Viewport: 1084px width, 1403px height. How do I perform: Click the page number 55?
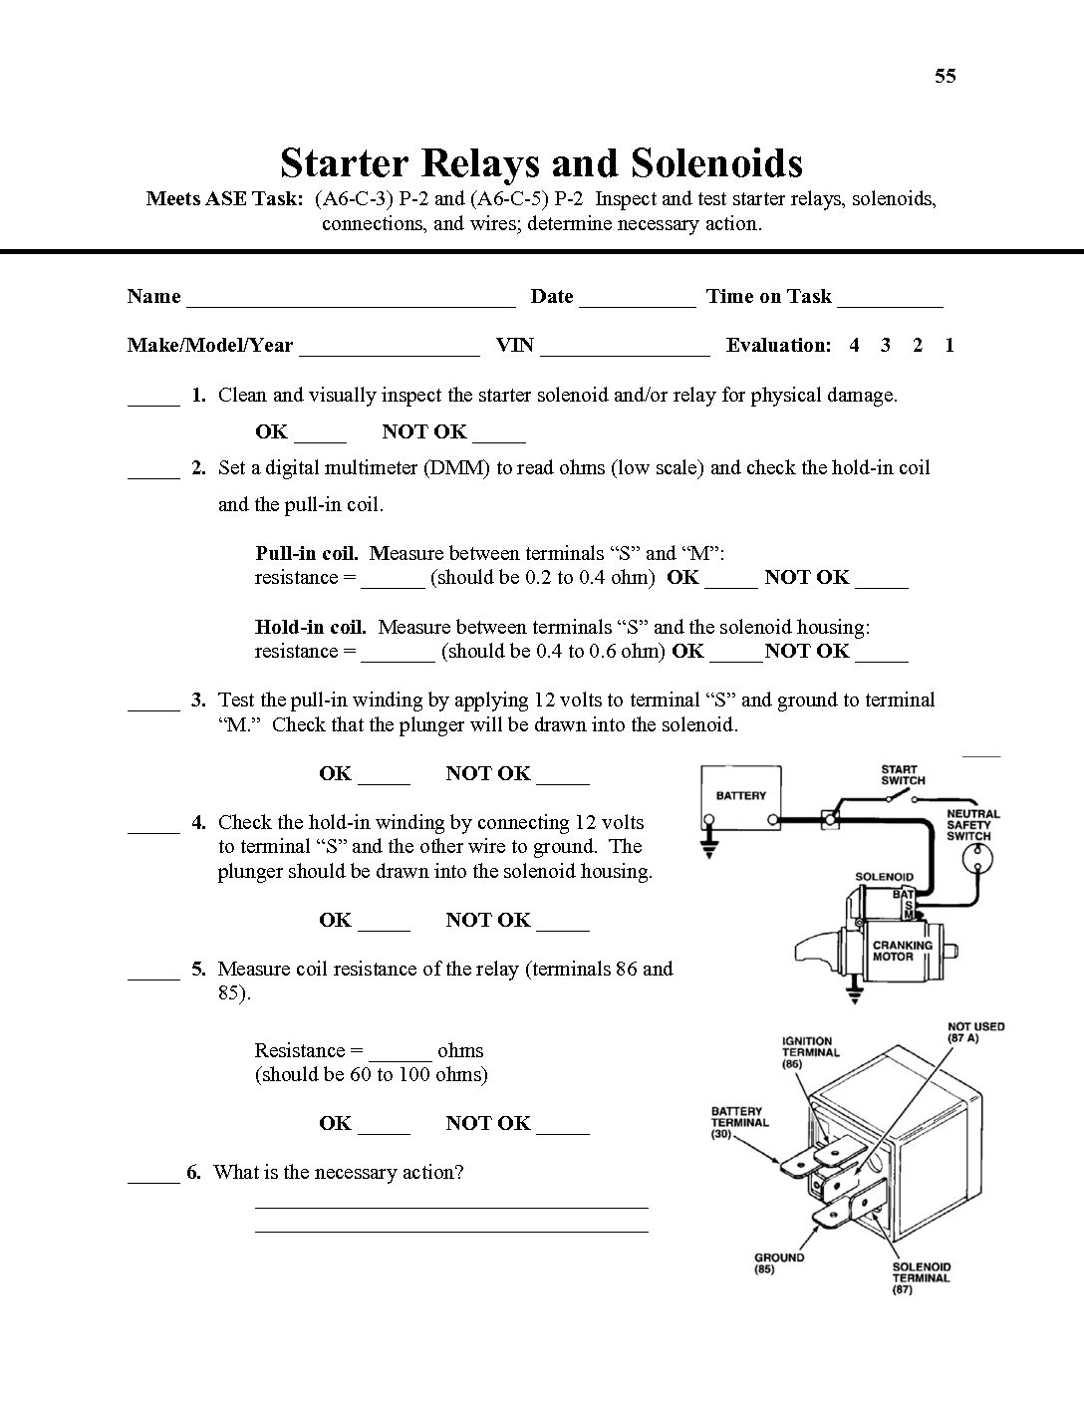pos(945,76)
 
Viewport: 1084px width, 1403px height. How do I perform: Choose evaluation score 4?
pos(854,346)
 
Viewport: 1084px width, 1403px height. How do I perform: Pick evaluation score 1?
pos(949,346)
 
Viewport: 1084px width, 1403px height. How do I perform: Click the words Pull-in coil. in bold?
pos(306,553)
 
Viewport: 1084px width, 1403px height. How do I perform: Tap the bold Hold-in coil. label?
pos(310,627)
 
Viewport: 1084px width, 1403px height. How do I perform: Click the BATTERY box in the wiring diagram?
pos(741,796)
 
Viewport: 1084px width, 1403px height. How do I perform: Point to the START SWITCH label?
pos(902,775)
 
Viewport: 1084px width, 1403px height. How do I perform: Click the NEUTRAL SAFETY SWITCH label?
pos(971,825)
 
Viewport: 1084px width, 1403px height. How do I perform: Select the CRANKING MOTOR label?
pos(902,951)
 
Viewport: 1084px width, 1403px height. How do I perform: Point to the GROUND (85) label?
pos(778,1263)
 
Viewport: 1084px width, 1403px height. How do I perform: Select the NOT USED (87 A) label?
pos(975,1032)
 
